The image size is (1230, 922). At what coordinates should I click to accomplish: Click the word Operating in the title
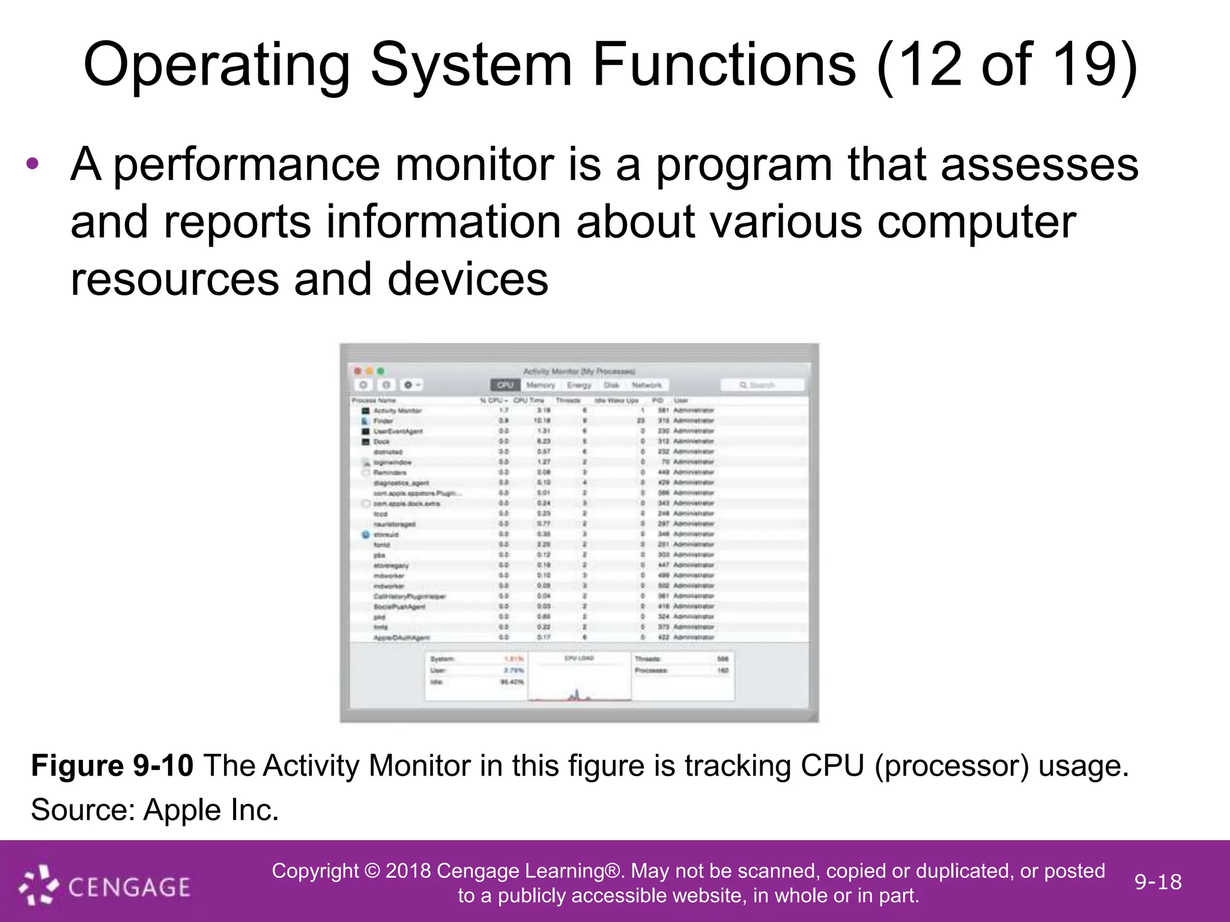[216, 66]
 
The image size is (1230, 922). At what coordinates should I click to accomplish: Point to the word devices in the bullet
[468, 280]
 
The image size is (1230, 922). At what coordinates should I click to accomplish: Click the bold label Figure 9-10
[112, 767]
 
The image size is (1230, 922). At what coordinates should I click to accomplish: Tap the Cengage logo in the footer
[105, 885]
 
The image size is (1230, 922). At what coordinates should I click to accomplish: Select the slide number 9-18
[1157, 882]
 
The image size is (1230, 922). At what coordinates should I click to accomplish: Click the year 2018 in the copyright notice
[408, 871]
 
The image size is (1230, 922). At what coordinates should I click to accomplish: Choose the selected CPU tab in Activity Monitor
[505, 385]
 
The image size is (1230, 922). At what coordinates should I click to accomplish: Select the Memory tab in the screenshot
[541, 385]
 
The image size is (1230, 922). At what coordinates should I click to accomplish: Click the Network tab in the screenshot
[647, 385]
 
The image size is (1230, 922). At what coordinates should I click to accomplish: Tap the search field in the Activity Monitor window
[762, 385]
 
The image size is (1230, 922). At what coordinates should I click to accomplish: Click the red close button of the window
[358, 372]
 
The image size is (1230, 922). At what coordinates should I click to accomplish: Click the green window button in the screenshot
[380, 372]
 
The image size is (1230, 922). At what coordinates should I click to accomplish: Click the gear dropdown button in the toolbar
[411, 385]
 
